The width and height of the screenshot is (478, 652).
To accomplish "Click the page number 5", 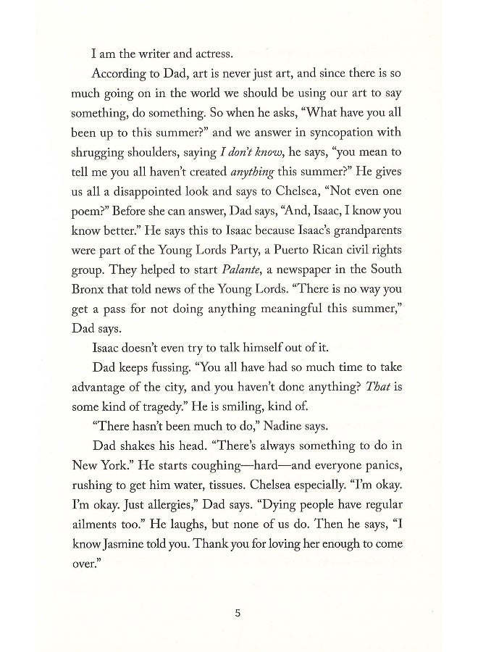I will (238, 613).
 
